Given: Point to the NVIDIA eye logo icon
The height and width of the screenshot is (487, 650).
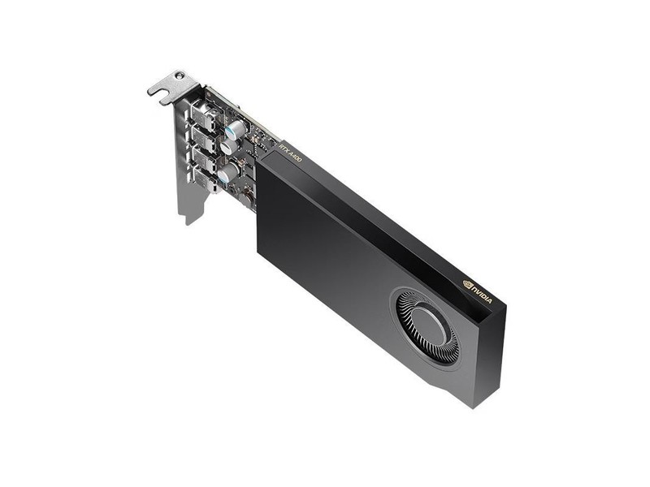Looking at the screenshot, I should click(x=467, y=283).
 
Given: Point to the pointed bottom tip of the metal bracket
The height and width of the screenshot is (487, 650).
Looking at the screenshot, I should click(x=188, y=222).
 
